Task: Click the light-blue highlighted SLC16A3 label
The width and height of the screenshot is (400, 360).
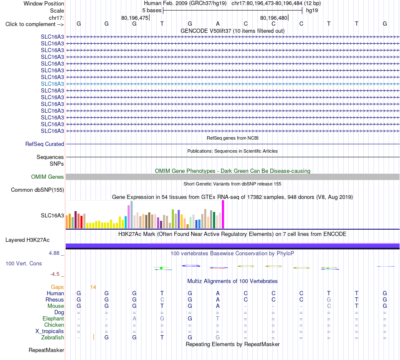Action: (x=52, y=84)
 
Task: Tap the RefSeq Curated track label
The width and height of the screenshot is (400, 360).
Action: (x=45, y=144)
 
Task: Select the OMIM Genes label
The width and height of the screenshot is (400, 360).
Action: (x=48, y=177)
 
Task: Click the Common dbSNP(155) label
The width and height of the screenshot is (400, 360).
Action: (x=37, y=190)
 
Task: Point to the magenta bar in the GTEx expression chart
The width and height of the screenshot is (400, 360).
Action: (x=223, y=214)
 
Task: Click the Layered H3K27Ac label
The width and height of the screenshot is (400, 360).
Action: (x=27, y=240)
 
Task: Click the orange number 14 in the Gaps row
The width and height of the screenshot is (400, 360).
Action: (x=93, y=287)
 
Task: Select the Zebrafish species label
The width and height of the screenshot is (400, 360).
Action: (x=53, y=338)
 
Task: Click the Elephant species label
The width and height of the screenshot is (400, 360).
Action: (x=53, y=319)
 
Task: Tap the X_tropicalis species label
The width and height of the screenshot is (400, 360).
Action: (x=50, y=331)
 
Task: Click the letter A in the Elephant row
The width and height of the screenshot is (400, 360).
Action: (x=134, y=319)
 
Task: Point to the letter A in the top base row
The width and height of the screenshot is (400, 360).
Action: (x=218, y=24)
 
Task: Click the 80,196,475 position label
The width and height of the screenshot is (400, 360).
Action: (x=135, y=18)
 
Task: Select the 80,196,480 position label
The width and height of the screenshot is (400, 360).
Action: (x=274, y=18)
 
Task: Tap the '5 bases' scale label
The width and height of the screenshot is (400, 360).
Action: (x=152, y=11)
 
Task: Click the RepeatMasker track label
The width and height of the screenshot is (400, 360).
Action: (x=46, y=350)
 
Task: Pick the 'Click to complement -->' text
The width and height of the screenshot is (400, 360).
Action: (x=35, y=24)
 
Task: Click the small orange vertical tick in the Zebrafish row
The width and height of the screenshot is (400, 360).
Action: (x=93, y=337)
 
